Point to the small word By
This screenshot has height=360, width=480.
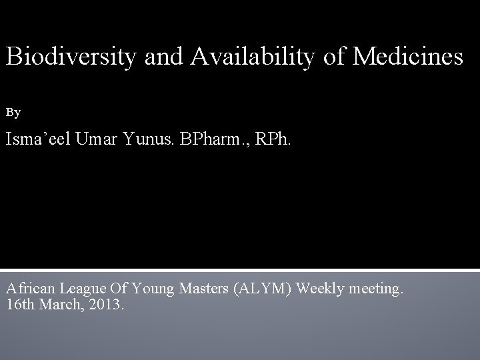[13, 113]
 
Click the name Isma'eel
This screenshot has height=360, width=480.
[39, 141]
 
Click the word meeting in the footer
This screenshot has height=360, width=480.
[379, 289]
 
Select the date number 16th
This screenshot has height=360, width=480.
[17, 305]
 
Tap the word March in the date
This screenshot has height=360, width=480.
[53, 305]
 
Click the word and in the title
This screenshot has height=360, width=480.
[167, 57]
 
